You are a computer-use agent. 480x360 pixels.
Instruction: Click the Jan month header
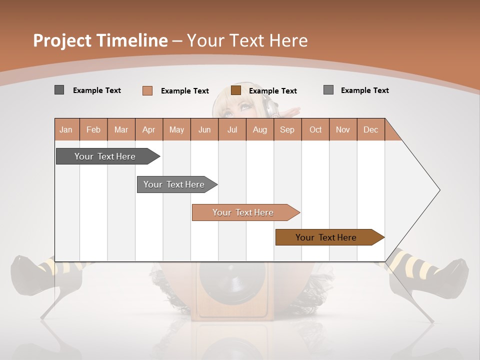[66, 129]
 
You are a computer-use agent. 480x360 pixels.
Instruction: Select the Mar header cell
[121, 129]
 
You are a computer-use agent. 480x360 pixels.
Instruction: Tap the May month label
[176, 129]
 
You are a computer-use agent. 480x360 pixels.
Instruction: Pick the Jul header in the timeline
[232, 129]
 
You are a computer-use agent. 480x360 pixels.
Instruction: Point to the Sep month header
[287, 129]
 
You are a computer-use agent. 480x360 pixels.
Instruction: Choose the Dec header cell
[370, 129]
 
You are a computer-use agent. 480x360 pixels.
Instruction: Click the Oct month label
[315, 129]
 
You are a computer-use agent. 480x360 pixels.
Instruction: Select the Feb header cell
[93, 129]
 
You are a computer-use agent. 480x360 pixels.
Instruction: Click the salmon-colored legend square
[147, 90]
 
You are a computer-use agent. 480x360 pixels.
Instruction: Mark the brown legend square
[236, 90]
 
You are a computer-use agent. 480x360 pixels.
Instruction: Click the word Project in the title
[62, 40]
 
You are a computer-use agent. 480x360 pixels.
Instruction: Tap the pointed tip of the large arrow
[438, 190]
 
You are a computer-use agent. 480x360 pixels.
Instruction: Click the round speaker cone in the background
[232, 277]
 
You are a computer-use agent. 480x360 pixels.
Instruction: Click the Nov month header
[343, 129]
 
